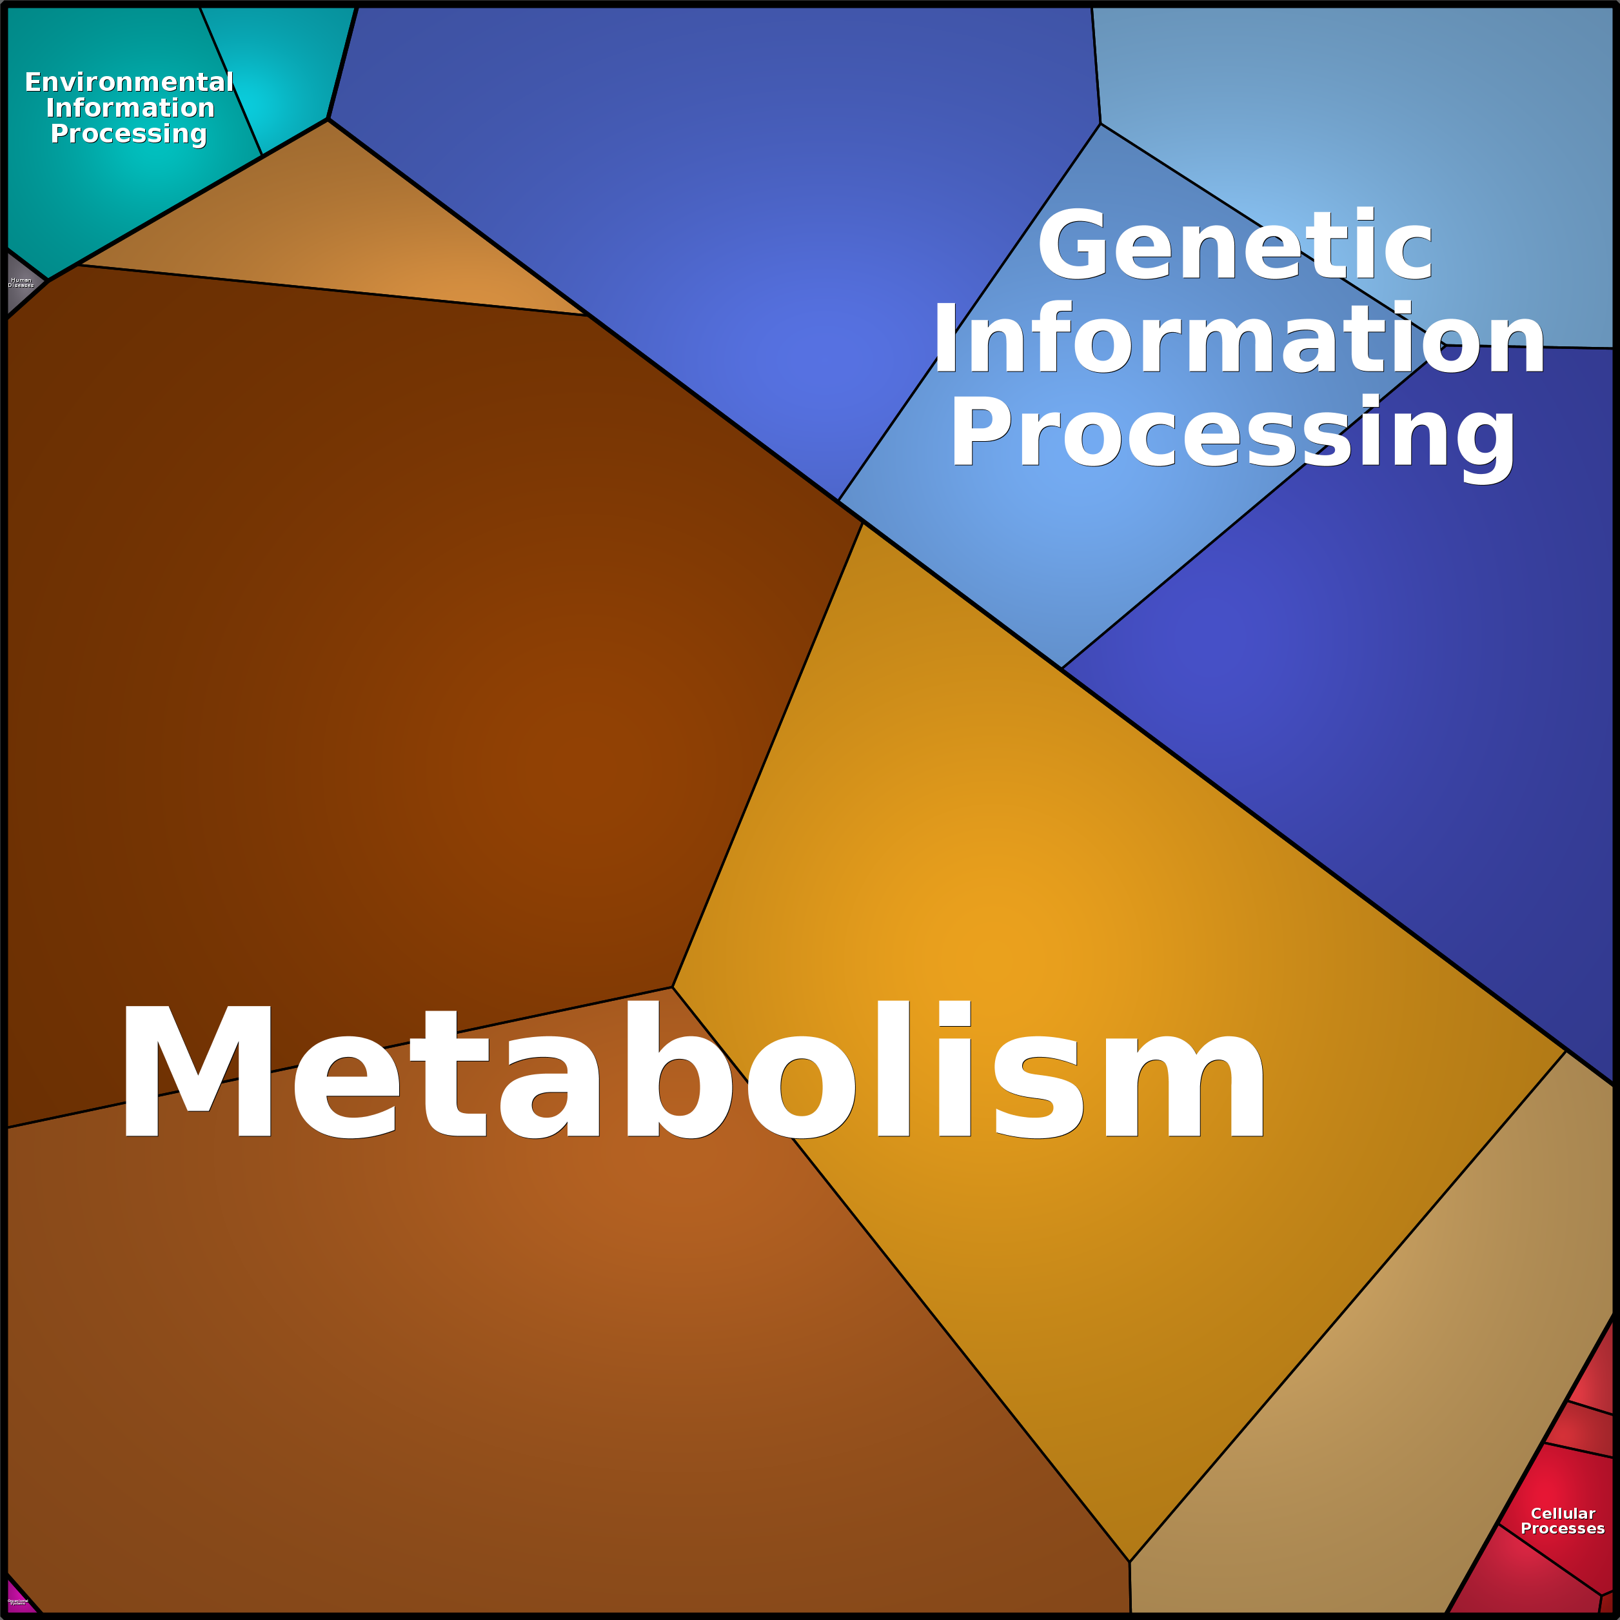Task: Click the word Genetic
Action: click(1234, 246)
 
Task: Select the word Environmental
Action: click(129, 82)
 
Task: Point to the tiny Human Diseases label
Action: click(21, 282)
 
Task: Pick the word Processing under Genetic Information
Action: click(1232, 433)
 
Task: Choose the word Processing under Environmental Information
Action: click(128, 133)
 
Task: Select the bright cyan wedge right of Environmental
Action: click(285, 75)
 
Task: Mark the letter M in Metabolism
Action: click(198, 1071)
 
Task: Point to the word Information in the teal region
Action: click(130, 108)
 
